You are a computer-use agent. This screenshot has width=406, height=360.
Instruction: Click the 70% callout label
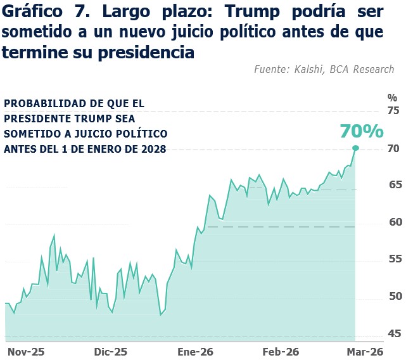point(362,131)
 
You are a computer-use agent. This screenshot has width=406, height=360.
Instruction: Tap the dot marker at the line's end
point(355,148)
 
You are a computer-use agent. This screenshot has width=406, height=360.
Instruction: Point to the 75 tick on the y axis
point(393,111)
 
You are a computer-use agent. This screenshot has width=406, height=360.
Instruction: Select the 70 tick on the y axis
point(393,148)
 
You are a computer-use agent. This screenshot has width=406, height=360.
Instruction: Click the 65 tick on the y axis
point(393,185)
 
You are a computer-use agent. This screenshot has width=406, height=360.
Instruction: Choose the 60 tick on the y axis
point(393,222)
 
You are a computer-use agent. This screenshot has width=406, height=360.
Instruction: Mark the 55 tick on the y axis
point(393,259)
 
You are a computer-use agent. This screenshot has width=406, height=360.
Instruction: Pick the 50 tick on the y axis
point(393,296)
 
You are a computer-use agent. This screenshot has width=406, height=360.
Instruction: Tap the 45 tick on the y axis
point(393,333)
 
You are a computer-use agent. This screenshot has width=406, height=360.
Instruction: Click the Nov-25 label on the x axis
point(25,351)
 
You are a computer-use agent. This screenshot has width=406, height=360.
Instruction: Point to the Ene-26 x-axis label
point(195,351)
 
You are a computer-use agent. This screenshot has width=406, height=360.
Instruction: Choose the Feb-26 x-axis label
point(281,351)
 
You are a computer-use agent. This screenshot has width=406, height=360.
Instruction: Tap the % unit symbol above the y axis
point(392,98)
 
